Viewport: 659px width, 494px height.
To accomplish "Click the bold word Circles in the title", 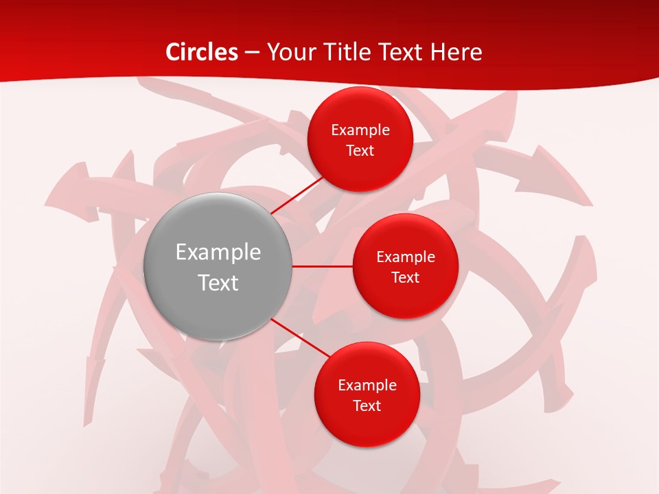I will [x=203, y=52].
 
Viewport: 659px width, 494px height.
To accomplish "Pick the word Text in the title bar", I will [x=400, y=52].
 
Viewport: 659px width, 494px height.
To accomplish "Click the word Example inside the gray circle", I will [x=218, y=252].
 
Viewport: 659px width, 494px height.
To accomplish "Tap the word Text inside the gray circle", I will [x=218, y=283].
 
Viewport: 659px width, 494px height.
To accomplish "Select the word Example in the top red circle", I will [x=360, y=130].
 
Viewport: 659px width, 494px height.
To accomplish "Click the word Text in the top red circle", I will [x=360, y=151].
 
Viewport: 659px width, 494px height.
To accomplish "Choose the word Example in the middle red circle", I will [x=406, y=257].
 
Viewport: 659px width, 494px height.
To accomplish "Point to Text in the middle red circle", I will [x=406, y=278].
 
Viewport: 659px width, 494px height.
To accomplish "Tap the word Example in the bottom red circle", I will [x=367, y=386].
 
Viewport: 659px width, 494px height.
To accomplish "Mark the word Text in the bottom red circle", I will [x=367, y=406].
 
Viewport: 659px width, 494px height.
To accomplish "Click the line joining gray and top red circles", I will [x=297, y=196].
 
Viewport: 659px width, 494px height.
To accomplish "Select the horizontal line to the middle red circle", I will [x=323, y=266].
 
